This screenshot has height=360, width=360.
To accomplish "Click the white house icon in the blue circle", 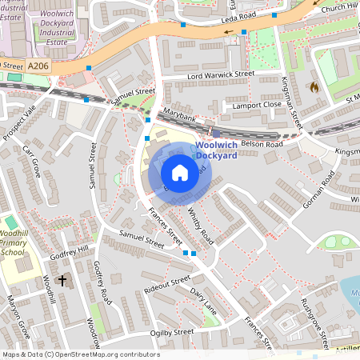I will pyautogui.click(x=180, y=173).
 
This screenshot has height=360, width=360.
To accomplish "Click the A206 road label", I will pyautogui.click(x=38, y=65).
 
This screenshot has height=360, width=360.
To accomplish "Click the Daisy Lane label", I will pyautogui.click(x=205, y=300).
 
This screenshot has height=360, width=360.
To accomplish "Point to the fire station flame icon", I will pyautogui.click(x=314, y=86).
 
